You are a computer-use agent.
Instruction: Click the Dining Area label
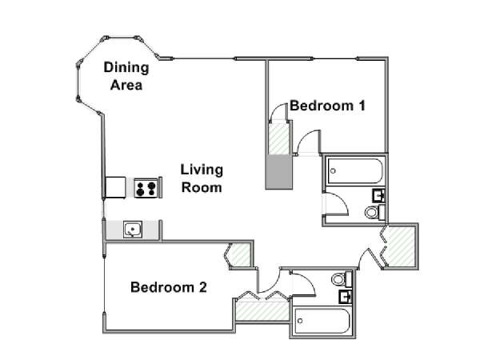pyautogui.click(x=126, y=76)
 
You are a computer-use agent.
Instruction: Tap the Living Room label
pyautogui.click(x=202, y=178)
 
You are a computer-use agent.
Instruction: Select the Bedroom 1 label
pyautogui.click(x=327, y=106)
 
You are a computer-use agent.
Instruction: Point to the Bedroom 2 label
pyautogui.click(x=169, y=287)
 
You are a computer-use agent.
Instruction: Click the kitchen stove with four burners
pyautogui.click(x=146, y=188)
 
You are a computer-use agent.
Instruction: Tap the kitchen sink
pyautogui.click(x=133, y=230)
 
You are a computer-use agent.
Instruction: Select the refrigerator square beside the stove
pyautogui.click(x=115, y=187)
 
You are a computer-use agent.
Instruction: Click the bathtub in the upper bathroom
pyautogui.click(x=355, y=171)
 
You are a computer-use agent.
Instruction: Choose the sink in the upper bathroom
pyautogui.click(x=378, y=195)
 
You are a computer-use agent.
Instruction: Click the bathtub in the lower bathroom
pyautogui.click(x=322, y=321)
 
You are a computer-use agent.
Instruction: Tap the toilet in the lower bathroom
pyautogui.click(x=342, y=278)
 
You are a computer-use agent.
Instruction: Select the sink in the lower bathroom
pyautogui.click(x=346, y=297)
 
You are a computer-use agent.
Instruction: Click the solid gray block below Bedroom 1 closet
pyautogui.click(x=278, y=172)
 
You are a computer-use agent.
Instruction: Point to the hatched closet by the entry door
pyautogui.click(x=399, y=246)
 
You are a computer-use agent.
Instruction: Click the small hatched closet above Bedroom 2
pyautogui.click(x=240, y=254)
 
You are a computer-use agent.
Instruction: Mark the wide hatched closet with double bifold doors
pyautogui.click(x=262, y=311)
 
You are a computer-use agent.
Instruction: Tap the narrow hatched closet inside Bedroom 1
pyautogui.click(x=278, y=138)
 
